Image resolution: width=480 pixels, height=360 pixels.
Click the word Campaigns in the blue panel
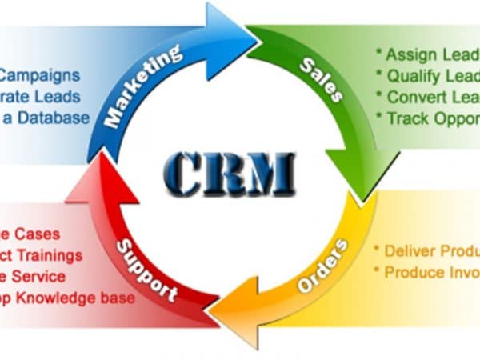point(40,77)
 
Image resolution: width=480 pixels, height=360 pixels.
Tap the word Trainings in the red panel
point(53,256)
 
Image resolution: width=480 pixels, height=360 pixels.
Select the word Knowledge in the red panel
point(60,298)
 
